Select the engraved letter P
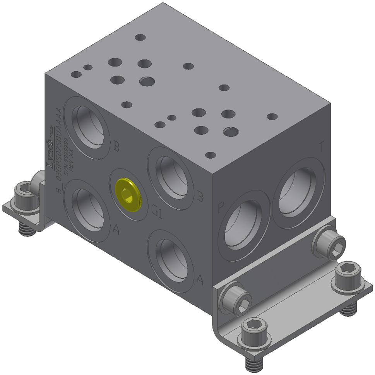click(x=221, y=208)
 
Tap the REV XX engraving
click(x=70, y=157)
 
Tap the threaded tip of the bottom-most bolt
click(x=255, y=363)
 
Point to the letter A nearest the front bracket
click(x=200, y=279)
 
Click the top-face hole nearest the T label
click(x=272, y=116)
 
